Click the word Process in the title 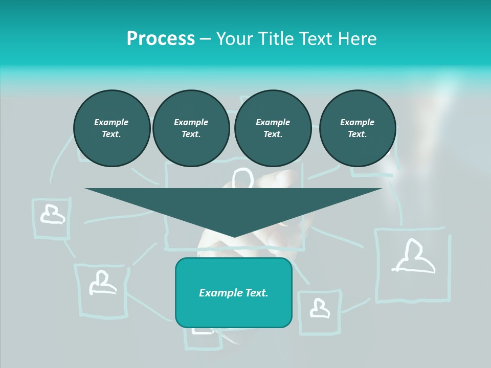click(x=161, y=39)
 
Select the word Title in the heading click(x=276, y=39)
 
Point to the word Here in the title click(x=358, y=39)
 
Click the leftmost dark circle click(x=111, y=128)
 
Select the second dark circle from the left click(x=191, y=128)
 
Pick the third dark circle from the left click(x=273, y=128)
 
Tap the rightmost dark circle click(x=358, y=128)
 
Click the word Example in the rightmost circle click(x=358, y=122)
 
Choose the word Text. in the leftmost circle click(x=111, y=134)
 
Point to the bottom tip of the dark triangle click(x=234, y=237)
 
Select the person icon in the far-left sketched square click(x=52, y=214)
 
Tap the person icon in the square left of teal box click(x=102, y=283)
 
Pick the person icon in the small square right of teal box click(x=319, y=308)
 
